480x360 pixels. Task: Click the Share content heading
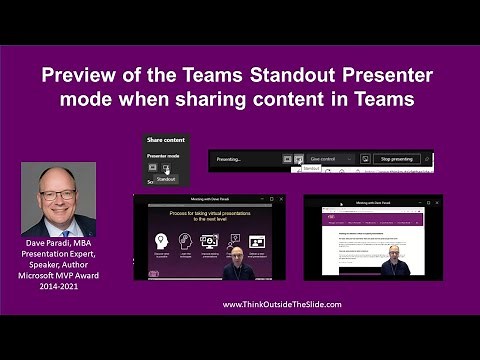click(166, 141)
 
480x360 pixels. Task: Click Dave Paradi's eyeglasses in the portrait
click(57, 187)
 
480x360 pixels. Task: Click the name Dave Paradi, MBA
click(58, 244)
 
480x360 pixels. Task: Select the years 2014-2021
click(58, 286)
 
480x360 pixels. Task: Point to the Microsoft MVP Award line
click(58, 275)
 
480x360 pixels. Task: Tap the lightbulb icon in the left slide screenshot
click(160, 240)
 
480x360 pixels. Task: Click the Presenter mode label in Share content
click(165, 156)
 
